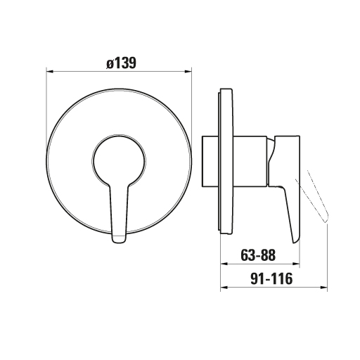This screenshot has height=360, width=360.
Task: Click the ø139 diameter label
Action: click(121, 63)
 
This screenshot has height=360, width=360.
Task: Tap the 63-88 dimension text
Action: click(258, 255)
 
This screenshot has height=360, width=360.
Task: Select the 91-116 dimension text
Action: click(271, 278)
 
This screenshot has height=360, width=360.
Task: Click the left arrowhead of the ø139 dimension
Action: click(49, 71)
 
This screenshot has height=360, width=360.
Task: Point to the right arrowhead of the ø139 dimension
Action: click(188, 71)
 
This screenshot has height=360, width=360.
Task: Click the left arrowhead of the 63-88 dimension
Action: click(224, 264)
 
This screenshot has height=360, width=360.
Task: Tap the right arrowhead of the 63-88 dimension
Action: click(296, 264)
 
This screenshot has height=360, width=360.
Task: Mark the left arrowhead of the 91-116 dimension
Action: click(224, 288)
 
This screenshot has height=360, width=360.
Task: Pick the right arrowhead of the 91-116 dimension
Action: click(323, 288)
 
